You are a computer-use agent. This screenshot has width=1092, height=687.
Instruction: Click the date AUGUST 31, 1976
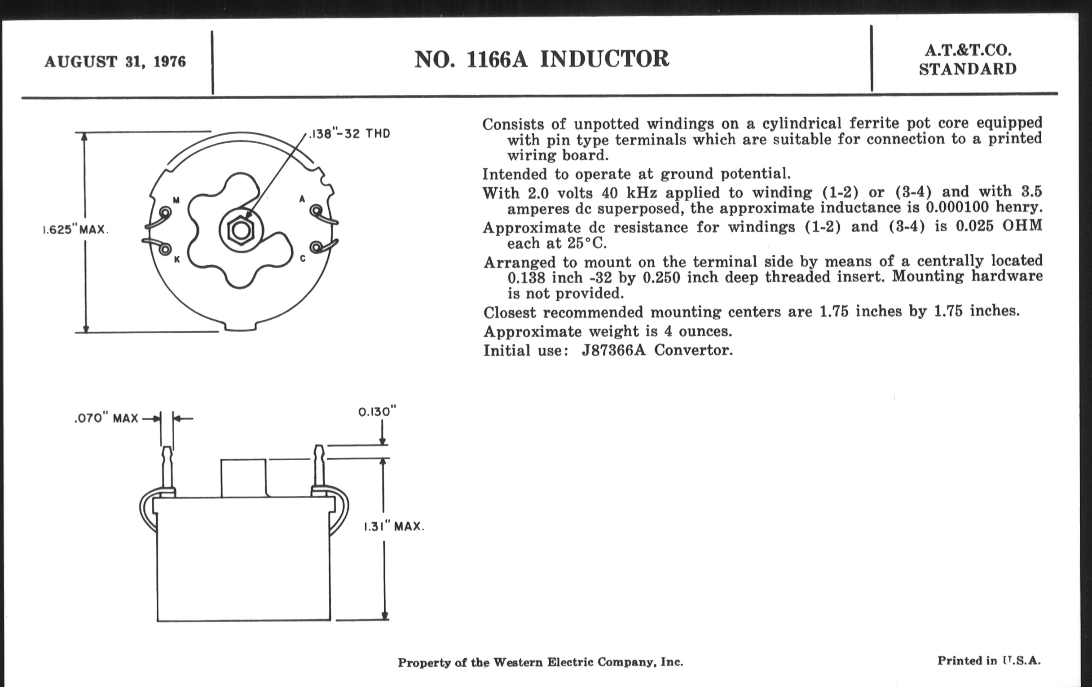pyautogui.click(x=115, y=62)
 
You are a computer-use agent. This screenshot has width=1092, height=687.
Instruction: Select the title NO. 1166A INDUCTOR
pyautogui.click(x=542, y=59)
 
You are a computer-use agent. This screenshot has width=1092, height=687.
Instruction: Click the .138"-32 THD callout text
pyautogui.click(x=349, y=134)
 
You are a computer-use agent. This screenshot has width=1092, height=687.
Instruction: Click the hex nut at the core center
pyautogui.click(x=241, y=230)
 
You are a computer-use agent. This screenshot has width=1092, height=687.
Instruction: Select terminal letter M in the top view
pyautogui.click(x=176, y=200)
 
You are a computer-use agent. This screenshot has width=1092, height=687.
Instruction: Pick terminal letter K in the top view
pyautogui.click(x=177, y=260)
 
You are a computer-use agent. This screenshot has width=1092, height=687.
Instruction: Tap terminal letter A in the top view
pyautogui.click(x=302, y=199)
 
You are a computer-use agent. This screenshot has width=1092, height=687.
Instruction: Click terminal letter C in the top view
pyautogui.click(x=303, y=259)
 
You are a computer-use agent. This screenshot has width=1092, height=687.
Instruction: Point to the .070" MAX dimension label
pyautogui.click(x=106, y=418)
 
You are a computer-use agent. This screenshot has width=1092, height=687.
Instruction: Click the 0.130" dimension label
pyautogui.click(x=377, y=412)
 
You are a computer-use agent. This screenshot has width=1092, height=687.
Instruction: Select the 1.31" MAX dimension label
pyautogui.click(x=394, y=527)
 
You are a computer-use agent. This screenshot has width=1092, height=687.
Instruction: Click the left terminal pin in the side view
pyautogui.click(x=167, y=470)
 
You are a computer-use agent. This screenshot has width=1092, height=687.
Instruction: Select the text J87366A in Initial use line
pyautogui.click(x=613, y=351)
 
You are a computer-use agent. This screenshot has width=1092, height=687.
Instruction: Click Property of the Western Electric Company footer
pyautogui.click(x=540, y=662)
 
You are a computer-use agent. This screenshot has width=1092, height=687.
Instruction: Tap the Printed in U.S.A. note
pyautogui.click(x=989, y=661)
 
